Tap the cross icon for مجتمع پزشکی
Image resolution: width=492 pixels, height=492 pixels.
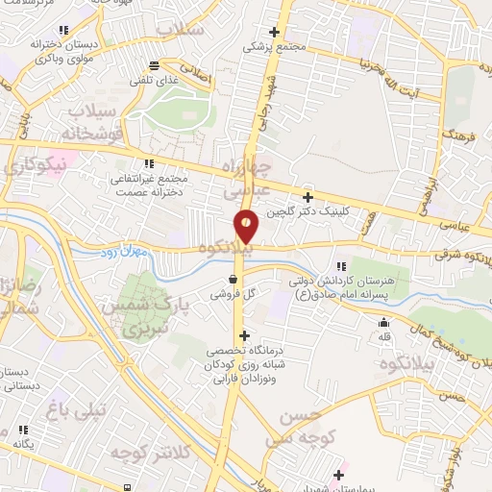tap(275, 32)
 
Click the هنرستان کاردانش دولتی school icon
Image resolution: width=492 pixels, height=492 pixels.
tap(340, 266)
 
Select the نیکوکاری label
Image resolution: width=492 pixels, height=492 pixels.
tap(36, 165)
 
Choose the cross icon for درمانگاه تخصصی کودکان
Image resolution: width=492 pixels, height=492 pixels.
tap(244, 336)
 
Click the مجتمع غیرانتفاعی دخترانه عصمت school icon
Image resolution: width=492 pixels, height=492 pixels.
tap(148, 163)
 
